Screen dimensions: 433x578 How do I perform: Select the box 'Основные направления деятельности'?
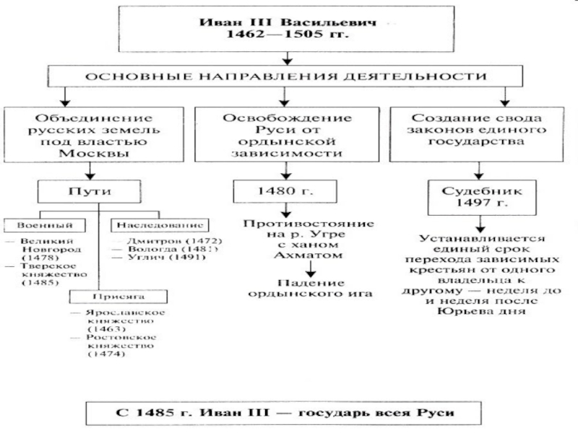pyautogui.click(x=288, y=75)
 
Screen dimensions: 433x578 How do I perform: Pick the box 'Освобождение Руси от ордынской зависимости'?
pyautogui.click(x=287, y=134)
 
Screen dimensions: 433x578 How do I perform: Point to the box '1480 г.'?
pyautogui.click(x=287, y=193)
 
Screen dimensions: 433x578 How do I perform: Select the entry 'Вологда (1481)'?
pyautogui.click(x=165, y=248)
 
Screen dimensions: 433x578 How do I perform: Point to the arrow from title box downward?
pyautogui.click(x=288, y=56)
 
